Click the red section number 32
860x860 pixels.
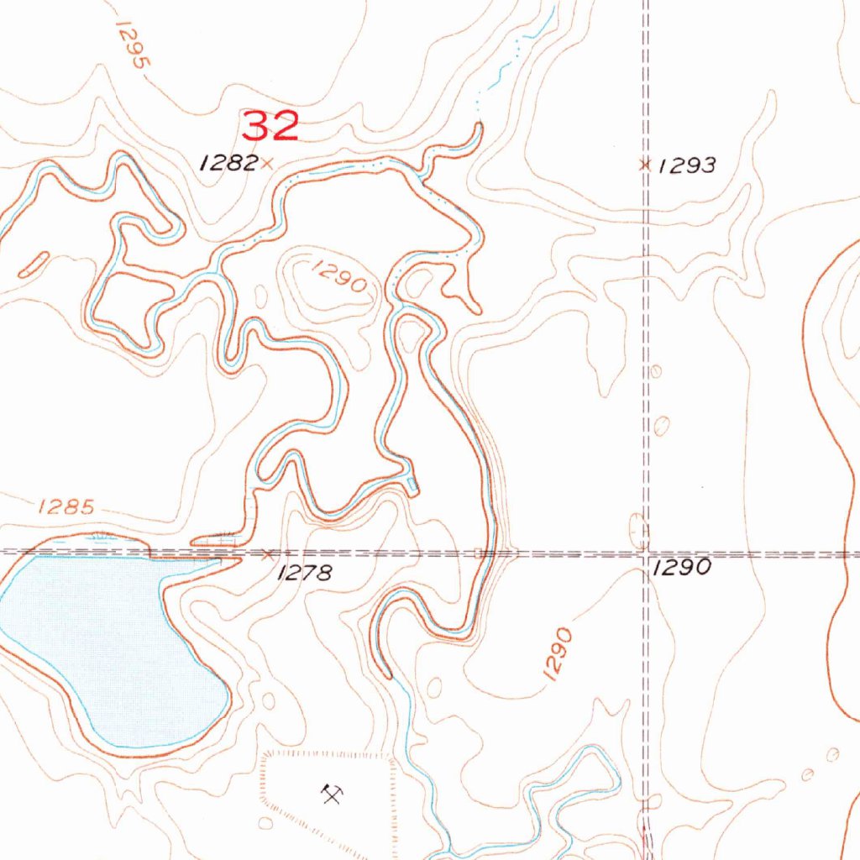(270, 126)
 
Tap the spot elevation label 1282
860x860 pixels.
(228, 163)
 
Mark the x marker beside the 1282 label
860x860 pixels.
(267, 164)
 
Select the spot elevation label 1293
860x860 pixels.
(687, 165)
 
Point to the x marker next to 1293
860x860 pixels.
(645, 165)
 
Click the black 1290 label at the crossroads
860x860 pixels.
(682, 568)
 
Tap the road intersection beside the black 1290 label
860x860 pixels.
(645, 554)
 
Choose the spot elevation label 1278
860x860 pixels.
(305, 573)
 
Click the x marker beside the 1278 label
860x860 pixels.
(268, 554)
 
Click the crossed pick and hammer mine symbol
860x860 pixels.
(331, 793)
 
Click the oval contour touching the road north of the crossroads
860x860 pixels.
(638, 531)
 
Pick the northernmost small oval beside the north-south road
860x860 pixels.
(656, 370)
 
